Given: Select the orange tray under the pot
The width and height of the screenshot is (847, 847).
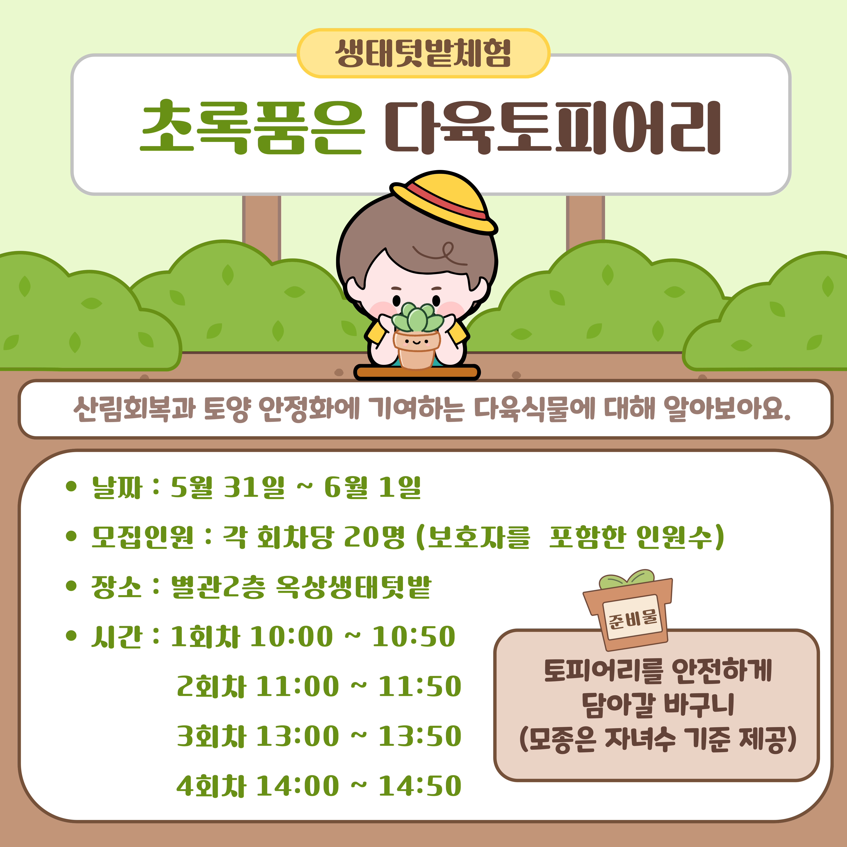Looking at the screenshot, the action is [x=416, y=372].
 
